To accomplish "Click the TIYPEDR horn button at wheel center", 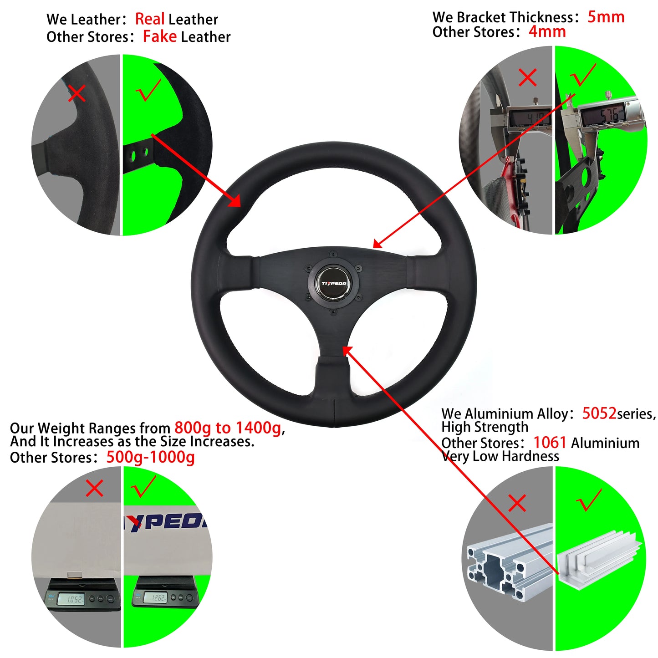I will (x=334, y=283).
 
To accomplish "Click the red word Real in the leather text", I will (x=150, y=19).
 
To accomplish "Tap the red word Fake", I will (x=159, y=36).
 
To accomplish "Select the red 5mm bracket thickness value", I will (x=606, y=17).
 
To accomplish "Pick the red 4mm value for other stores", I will (x=547, y=32).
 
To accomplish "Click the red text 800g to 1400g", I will (x=228, y=428).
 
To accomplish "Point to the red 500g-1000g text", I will (x=150, y=457).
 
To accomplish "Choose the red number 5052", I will (x=599, y=413).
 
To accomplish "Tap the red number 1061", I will (x=550, y=442).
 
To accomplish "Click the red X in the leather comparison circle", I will (x=77, y=94).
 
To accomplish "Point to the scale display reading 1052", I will (x=75, y=599).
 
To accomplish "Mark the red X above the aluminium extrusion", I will (x=517, y=503).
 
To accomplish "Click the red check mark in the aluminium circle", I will (x=589, y=500).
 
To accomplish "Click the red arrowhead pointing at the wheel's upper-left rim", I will (x=235, y=201).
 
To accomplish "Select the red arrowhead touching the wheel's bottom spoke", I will (x=347, y=350).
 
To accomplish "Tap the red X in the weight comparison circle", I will (x=94, y=489).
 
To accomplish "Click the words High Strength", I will (x=485, y=427).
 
